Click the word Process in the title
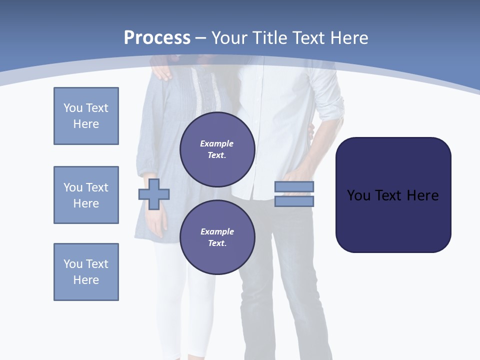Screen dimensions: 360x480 coord(157,38)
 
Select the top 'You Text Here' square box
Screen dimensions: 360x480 coord(86,116)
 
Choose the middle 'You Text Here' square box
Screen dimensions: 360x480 coord(86,195)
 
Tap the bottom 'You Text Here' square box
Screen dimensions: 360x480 coord(86,272)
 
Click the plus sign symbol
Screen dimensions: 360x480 coord(154,193)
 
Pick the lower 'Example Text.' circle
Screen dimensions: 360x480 coord(217,237)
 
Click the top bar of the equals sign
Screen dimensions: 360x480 coord(294,187)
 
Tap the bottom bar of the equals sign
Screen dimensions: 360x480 coord(294,201)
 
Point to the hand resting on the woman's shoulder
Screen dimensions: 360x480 coord(161,71)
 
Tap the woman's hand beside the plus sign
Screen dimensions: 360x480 coord(156,222)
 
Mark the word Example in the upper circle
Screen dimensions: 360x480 coord(217,144)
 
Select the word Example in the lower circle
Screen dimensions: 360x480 coord(217,232)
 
